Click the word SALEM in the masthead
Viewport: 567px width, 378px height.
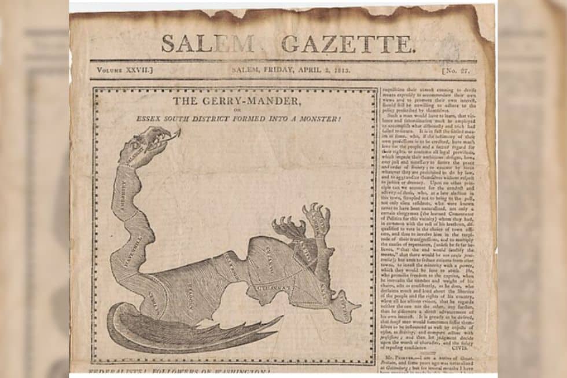pos(207,44)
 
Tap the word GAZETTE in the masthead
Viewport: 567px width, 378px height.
pos(348,44)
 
